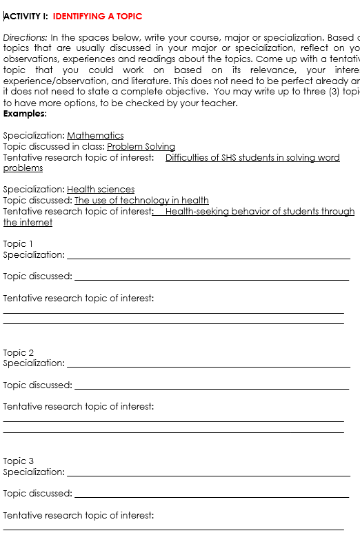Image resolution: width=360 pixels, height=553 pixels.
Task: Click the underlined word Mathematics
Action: coord(95,135)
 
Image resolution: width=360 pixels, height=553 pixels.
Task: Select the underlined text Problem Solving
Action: coord(141,146)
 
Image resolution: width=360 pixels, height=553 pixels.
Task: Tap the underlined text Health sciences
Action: coord(101,189)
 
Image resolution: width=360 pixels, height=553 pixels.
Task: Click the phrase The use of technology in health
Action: coord(141,200)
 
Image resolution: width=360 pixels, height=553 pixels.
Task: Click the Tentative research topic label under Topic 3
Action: coord(78,515)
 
